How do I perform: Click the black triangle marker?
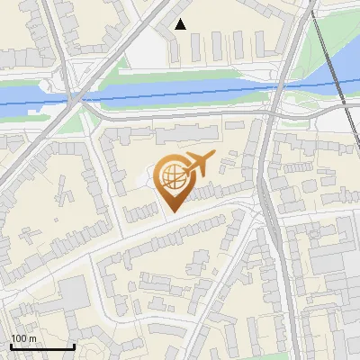tap(181, 24)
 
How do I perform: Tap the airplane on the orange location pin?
tap(197, 165)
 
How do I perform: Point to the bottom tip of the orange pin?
tap(171, 213)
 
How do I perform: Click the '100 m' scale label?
tap(23, 338)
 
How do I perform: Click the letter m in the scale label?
tap(32, 338)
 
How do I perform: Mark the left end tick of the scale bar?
tap(11, 345)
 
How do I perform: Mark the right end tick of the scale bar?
tap(74, 345)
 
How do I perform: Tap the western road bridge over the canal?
tap(79, 96)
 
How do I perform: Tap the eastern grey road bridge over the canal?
tap(280, 90)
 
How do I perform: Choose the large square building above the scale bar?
tap(73, 293)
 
